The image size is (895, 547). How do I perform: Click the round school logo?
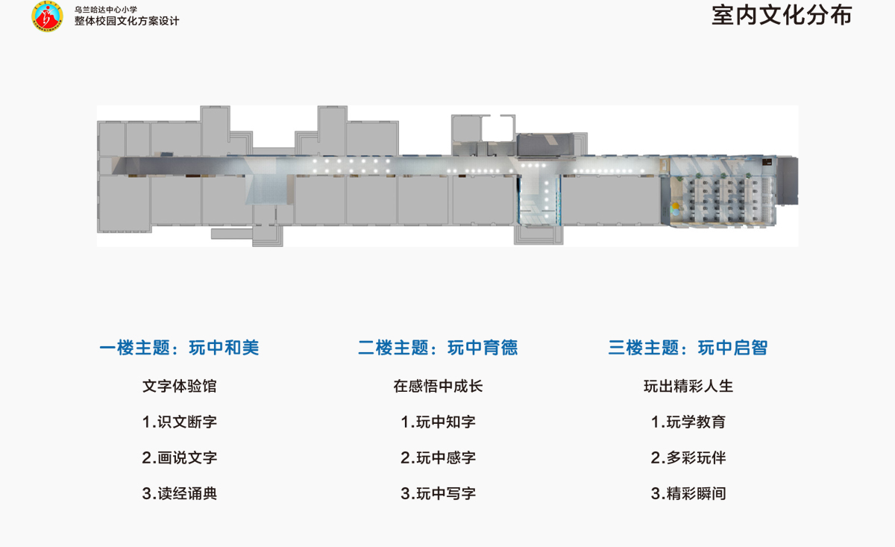(x=48, y=16)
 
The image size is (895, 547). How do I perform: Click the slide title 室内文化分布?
(x=782, y=16)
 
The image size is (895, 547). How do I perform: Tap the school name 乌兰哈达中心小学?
(x=105, y=9)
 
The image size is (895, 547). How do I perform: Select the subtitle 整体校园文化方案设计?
(x=127, y=21)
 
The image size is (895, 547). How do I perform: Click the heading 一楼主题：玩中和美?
(x=180, y=348)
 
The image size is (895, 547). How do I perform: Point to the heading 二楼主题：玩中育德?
(x=438, y=348)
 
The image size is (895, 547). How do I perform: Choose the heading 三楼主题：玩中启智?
(x=688, y=348)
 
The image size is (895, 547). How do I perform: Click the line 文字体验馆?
(x=180, y=387)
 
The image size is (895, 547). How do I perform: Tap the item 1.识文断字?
(x=180, y=422)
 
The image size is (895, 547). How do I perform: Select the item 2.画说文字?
(x=180, y=457)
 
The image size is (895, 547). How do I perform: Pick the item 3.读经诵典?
(x=180, y=493)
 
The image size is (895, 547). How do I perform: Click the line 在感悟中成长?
(x=438, y=387)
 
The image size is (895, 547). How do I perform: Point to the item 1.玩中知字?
(x=438, y=422)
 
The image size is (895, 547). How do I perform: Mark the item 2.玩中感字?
(x=438, y=457)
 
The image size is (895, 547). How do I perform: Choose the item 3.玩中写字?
(x=438, y=493)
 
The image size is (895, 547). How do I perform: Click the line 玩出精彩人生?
(x=688, y=387)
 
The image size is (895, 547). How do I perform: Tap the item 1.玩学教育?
(x=688, y=422)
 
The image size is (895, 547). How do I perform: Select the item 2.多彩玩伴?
(x=688, y=457)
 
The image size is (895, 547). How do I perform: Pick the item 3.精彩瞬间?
(x=688, y=493)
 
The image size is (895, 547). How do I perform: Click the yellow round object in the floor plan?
(x=675, y=206)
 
